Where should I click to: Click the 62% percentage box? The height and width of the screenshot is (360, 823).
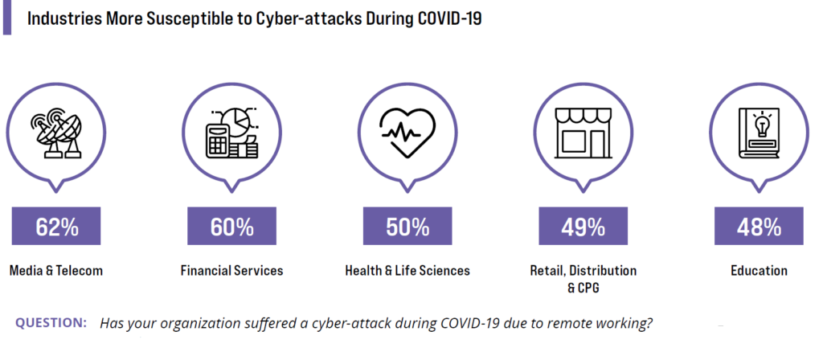(x=56, y=226)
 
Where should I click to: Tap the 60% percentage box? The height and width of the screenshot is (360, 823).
(x=231, y=226)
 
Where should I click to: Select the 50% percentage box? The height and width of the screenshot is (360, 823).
(x=407, y=226)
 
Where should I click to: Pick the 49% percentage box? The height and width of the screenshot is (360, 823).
(x=583, y=226)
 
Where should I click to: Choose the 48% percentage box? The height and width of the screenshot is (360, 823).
(x=759, y=226)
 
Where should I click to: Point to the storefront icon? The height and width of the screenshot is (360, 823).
(x=583, y=133)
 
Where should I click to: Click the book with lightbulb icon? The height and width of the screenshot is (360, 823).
(x=759, y=133)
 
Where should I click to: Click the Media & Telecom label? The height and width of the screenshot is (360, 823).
(x=56, y=271)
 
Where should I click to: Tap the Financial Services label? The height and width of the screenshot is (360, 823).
(x=231, y=271)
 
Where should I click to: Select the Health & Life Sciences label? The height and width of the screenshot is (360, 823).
(x=407, y=271)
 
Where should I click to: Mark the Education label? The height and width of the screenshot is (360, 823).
(x=759, y=271)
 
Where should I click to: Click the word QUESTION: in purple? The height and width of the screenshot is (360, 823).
(x=51, y=323)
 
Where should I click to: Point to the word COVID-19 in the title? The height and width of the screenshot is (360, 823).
(x=450, y=19)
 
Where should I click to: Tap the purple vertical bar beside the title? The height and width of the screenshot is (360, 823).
(x=6, y=18)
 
